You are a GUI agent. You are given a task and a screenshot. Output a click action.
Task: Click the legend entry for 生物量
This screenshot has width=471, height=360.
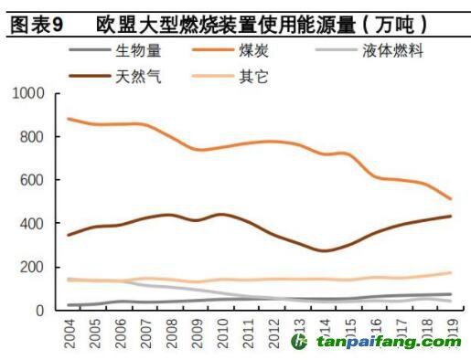pos(138,51)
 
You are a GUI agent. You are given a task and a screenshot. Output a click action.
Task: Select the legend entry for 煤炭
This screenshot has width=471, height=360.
pos(259,51)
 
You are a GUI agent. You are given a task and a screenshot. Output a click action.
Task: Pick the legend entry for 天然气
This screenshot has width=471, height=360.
pos(138,76)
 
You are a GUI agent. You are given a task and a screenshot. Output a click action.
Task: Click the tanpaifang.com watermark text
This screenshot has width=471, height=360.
pos(389,343)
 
